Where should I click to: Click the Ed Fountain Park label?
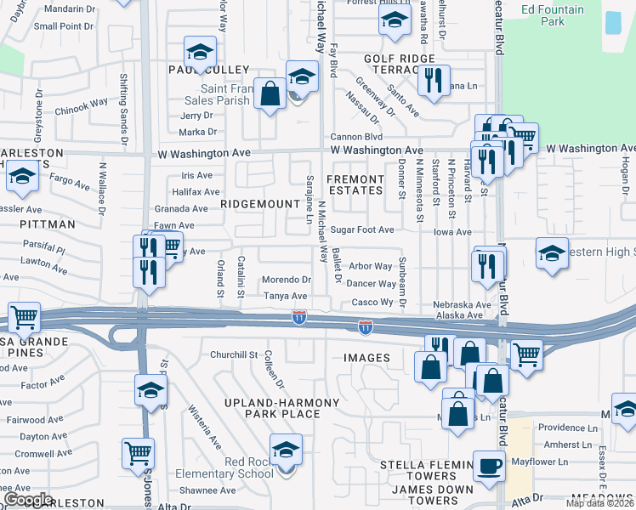[553, 15]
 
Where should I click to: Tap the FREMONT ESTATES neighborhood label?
[355, 184]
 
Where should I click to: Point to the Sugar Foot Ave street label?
[362, 229]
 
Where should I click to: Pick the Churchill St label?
[234, 354]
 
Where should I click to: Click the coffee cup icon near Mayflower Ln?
[489, 466]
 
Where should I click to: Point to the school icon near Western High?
[552, 252]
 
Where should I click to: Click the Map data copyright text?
[599, 503]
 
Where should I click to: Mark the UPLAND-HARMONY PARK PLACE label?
[271, 408]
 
